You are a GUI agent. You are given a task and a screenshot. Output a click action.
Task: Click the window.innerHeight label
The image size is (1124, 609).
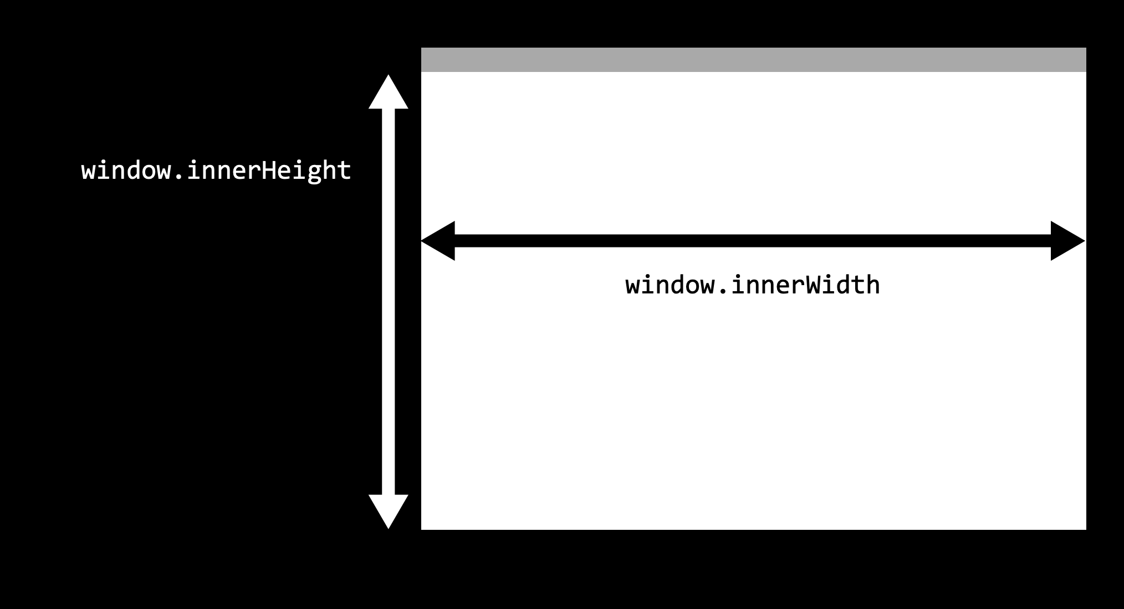tap(216, 171)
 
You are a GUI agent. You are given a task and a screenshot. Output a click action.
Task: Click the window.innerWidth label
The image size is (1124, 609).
tap(753, 286)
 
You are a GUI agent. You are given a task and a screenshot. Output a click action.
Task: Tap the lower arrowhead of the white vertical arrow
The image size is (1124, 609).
tap(389, 510)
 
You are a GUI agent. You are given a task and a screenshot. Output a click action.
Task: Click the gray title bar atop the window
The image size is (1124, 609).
tap(754, 60)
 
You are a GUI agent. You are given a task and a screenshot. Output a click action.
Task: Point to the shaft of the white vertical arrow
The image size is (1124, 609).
tap(389, 302)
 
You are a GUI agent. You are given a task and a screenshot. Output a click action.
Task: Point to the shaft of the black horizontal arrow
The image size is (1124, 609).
tap(753, 241)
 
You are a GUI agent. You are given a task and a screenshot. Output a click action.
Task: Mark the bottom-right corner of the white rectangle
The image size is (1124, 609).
tap(1085, 528)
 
